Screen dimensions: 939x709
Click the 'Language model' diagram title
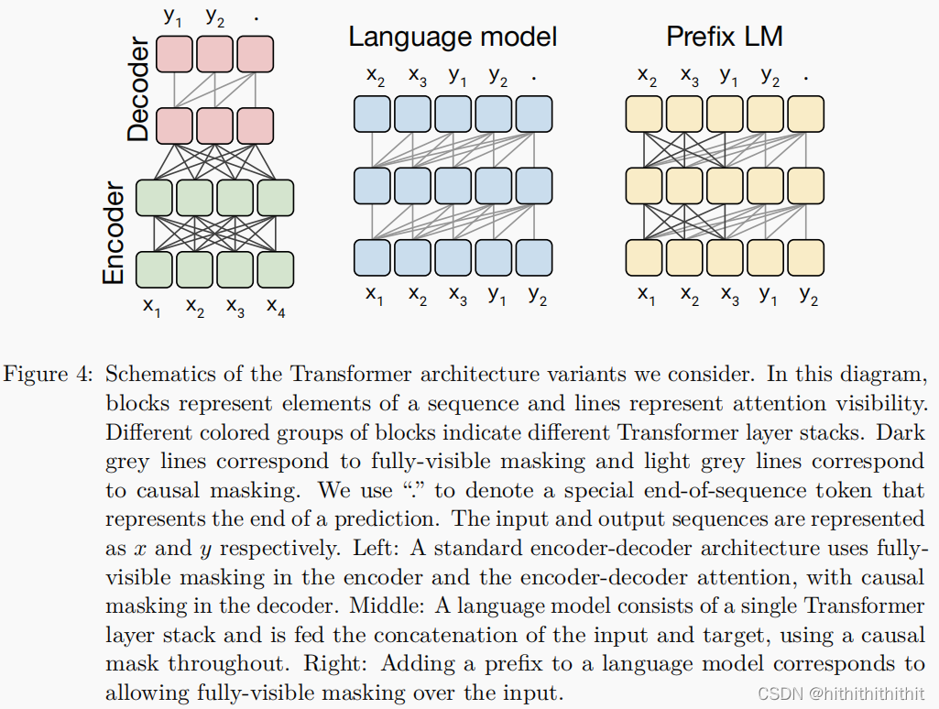tap(453, 38)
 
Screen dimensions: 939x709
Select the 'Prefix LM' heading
tap(725, 37)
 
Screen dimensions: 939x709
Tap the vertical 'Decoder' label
tap(138, 90)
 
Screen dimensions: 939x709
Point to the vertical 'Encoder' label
tap(114, 233)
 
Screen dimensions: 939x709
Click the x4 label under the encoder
tap(276, 307)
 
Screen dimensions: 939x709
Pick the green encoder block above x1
tap(155, 269)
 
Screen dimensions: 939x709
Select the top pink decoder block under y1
tap(174, 54)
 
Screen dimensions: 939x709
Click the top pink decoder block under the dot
tap(256, 54)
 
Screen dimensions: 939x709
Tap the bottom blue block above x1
tap(372, 257)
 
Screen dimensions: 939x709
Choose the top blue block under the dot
tap(533, 114)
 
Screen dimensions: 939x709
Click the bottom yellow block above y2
tap(805, 257)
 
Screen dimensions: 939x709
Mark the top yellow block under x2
tap(644, 114)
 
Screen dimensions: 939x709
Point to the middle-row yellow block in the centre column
tap(725, 186)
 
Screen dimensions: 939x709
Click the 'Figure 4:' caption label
tap(48, 375)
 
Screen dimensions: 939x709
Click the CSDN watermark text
tap(841, 693)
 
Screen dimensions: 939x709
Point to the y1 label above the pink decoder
tap(172, 16)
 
